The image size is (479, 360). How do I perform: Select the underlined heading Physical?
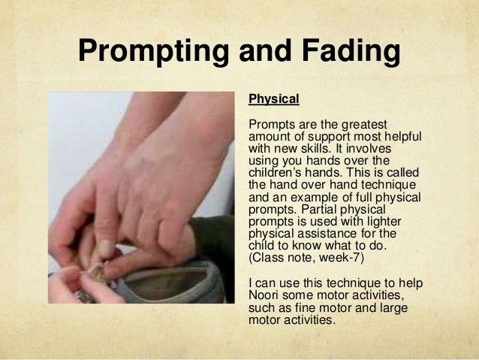pyautogui.click(x=274, y=98)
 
